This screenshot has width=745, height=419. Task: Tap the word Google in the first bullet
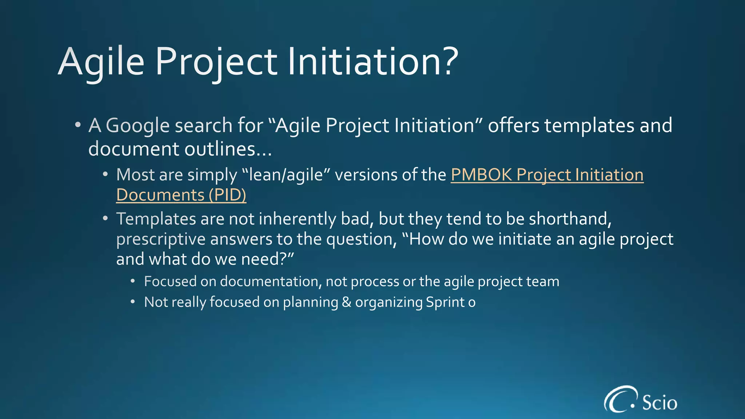(138, 125)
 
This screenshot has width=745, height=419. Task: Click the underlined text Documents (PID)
(181, 195)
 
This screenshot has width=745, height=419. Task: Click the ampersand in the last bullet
(346, 302)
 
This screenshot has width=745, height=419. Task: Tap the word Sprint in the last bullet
(445, 302)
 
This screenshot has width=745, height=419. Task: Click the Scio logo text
(659, 402)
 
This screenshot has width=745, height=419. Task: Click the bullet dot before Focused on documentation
(133, 282)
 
